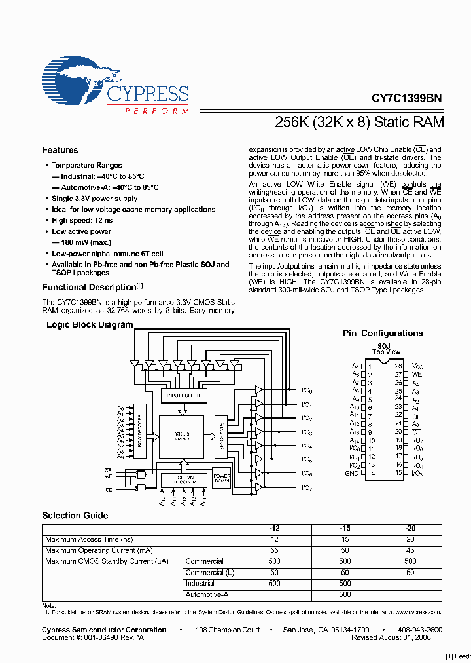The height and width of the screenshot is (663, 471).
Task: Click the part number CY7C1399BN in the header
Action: [x=406, y=98]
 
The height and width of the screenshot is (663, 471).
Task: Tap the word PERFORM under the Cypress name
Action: [x=156, y=111]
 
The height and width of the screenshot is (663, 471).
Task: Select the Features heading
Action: [x=60, y=150]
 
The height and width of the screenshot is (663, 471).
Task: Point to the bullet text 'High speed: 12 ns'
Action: [x=82, y=221]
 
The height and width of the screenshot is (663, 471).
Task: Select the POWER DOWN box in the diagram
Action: [x=222, y=477]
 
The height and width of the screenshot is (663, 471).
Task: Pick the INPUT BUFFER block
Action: [x=184, y=396]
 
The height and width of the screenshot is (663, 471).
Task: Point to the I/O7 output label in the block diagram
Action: [x=307, y=487]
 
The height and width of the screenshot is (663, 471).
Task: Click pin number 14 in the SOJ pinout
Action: [x=371, y=473]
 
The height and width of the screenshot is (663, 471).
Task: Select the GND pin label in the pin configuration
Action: [x=352, y=473]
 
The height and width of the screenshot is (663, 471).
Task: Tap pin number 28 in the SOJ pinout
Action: [x=397, y=365]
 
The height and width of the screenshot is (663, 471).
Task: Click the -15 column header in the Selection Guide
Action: [x=345, y=528]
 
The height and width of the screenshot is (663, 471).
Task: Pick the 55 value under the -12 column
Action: [x=274, y=550]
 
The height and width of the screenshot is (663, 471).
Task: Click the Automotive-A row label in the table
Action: [x=207, y=594]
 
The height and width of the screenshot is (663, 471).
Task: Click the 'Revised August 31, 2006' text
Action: [x=391, y=637]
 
